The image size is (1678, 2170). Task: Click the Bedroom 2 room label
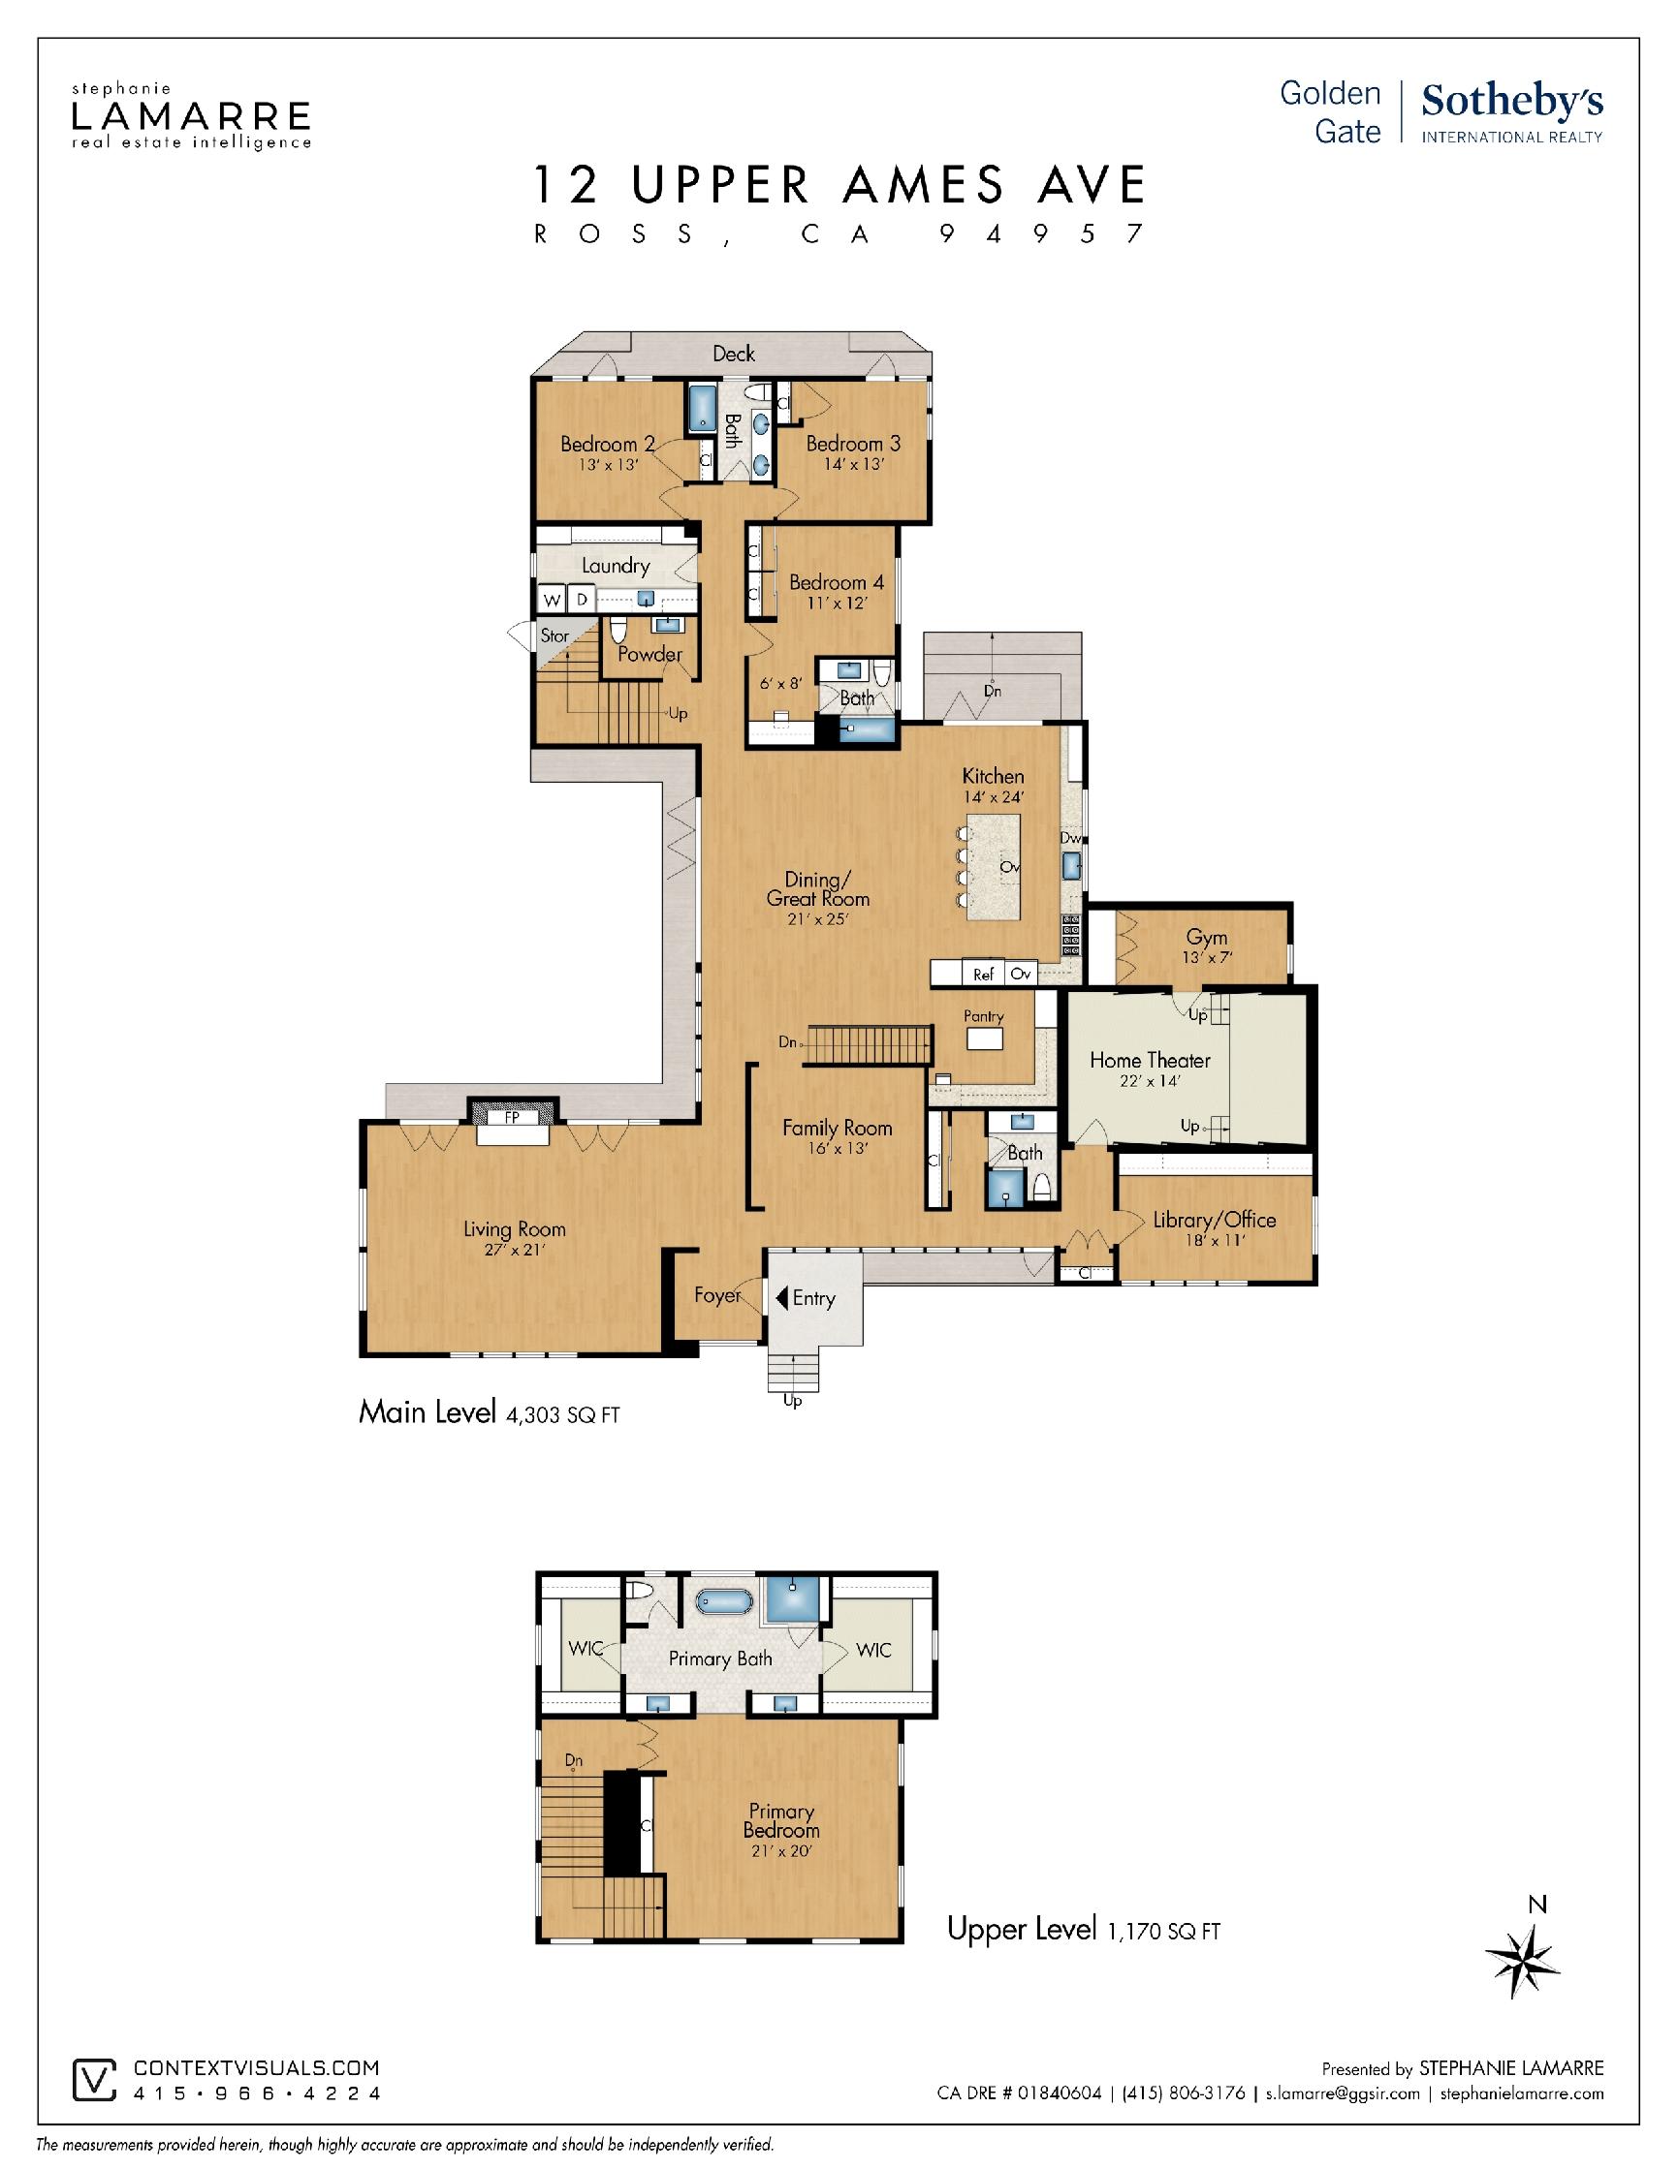pos(608,444)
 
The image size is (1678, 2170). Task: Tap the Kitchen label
pos(992,776)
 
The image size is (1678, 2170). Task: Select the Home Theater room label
pos(1149,1060)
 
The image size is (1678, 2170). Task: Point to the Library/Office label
pos(1214,1220)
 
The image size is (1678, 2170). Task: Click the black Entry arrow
pos(782,1297)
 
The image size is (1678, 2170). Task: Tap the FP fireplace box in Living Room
pos(512,1118)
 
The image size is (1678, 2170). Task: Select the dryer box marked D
pos(582,600)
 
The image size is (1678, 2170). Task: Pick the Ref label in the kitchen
pos(983,975)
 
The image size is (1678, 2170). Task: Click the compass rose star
pos(1522,1959)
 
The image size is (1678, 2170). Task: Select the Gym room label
pos(1206,937)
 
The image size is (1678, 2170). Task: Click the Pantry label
pos(983,1016)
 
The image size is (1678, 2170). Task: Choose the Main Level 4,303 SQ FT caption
pos(490,1412)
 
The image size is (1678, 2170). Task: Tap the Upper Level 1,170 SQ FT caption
pos(1084,1930)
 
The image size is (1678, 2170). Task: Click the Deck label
pos(734,354)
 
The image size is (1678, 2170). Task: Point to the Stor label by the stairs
pos(554,635)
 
